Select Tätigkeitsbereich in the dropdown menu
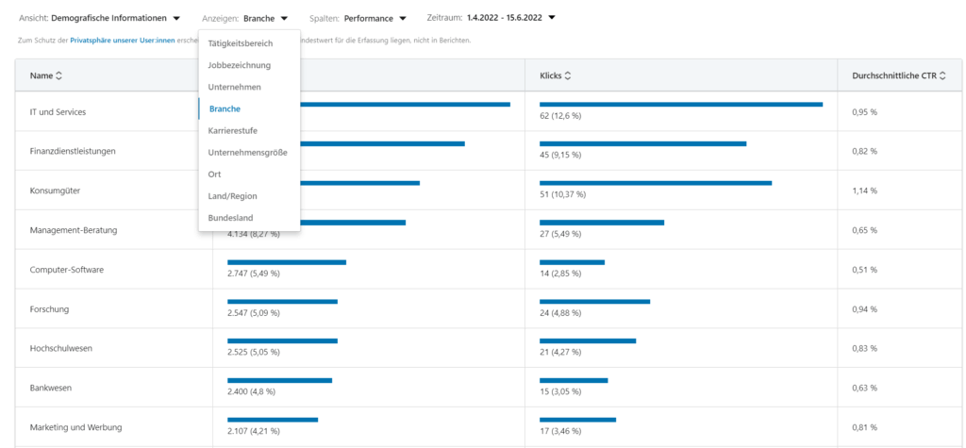[240, 43]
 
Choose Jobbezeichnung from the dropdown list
[239, 65]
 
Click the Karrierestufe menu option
[232, 130]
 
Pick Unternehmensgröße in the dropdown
[247, 152]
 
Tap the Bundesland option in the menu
[230, 218]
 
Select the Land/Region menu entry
[232, 196]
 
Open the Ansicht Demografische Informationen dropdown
[99, 18]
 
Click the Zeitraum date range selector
[491, 17]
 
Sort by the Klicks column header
[555, 75]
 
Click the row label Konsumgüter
[55, 191]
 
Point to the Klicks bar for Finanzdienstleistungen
[642, 143]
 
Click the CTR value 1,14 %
[864, 191]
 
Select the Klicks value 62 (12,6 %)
[560, 116]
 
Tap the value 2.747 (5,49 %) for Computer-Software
[254, 274]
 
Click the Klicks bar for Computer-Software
[572, 262]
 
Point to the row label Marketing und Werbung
[75, 427]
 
